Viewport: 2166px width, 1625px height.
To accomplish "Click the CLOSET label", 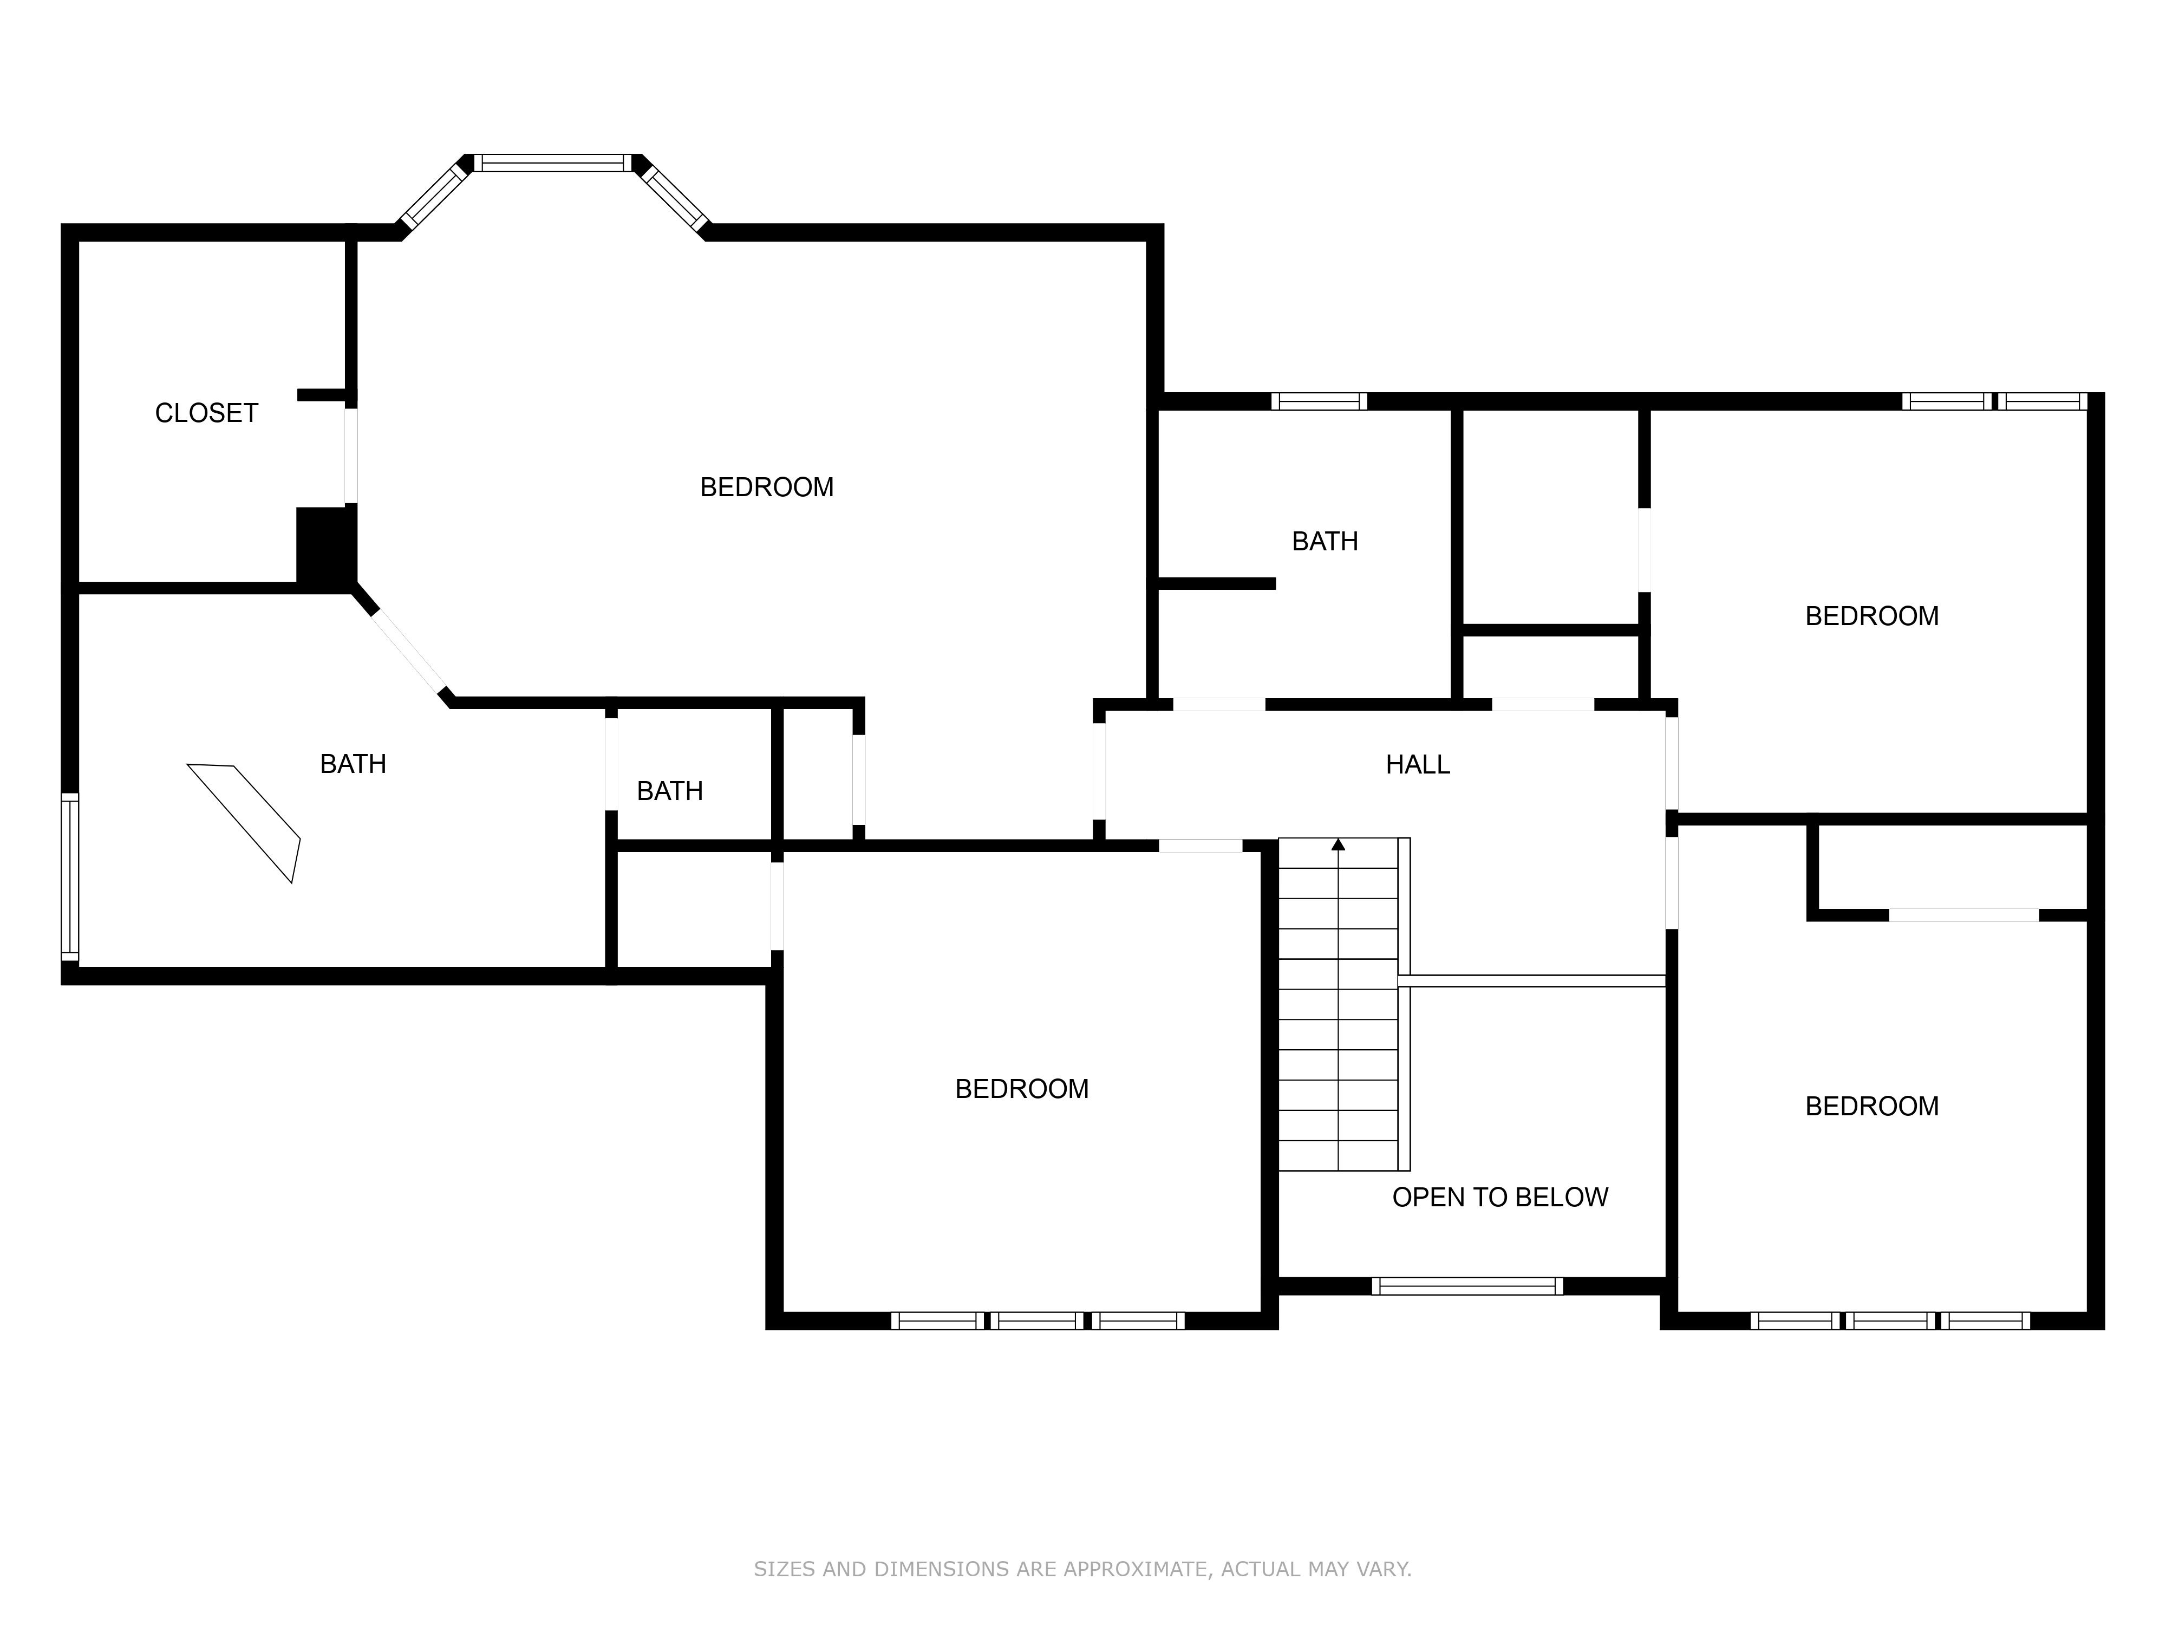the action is click(x=207, y=413).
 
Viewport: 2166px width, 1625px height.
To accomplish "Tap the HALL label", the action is click(x=1417, y=764).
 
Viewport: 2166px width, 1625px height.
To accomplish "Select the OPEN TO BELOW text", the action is click(x=1500, y=1197).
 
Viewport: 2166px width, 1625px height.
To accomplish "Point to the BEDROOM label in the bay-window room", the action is click(x=767, y=487).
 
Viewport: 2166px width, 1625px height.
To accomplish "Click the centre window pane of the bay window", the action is click(x=553, y=162).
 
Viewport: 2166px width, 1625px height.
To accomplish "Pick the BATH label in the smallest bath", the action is click(x=670, y=791).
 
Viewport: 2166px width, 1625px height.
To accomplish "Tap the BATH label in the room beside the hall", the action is click(x=1325, y=542).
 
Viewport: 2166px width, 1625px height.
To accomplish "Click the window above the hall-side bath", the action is click(x=1319, y=401).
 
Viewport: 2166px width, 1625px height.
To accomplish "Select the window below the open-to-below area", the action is click(x=1467, y=1286).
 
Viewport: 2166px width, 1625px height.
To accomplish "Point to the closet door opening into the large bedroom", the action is click(x=350, y=456).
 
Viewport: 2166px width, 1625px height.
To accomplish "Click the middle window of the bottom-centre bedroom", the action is click(x=1037, y=1321).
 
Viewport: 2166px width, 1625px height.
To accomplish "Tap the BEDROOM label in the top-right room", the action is click(x=1871, y=616).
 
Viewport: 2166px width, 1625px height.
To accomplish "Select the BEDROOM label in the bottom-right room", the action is click(x=1871, y=1106).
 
